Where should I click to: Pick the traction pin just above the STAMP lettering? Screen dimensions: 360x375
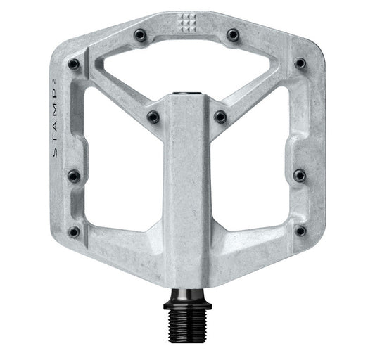[x=73, y=64]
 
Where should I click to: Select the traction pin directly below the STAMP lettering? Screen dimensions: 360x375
[x=73, y=175]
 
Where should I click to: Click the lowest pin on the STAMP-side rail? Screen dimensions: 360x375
[x=74, y=231]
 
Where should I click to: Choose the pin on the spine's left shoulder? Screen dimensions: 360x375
[x=153, y=117]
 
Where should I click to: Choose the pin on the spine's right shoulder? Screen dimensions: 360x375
[x=220, y=117]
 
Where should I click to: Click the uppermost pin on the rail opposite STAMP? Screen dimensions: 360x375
[x=300, y=63]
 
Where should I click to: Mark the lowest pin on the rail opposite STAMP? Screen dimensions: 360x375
[x=300, y=231]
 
